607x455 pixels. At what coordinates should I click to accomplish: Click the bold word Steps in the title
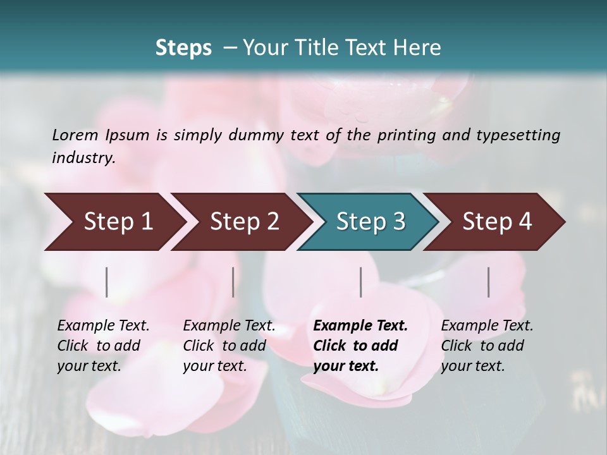click(x=183, y=47)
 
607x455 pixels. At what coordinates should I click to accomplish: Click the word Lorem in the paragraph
click(x=75, y=135)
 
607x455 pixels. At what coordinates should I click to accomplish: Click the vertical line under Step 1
click(x=107, y=282)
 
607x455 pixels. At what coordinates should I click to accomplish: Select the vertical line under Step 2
click(x=233, y=282)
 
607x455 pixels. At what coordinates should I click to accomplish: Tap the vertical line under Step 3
click(x=360, y=282)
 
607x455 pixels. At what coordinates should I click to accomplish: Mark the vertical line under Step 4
click(x=489, y=282)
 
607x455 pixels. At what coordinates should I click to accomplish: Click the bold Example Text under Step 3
click(x=360, y=325)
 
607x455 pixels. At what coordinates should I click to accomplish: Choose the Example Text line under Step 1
click(x=103, y=325)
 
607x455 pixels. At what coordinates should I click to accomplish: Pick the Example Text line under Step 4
click(x=487, y=325)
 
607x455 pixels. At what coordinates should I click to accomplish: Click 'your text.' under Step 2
click(x=215, y=366)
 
